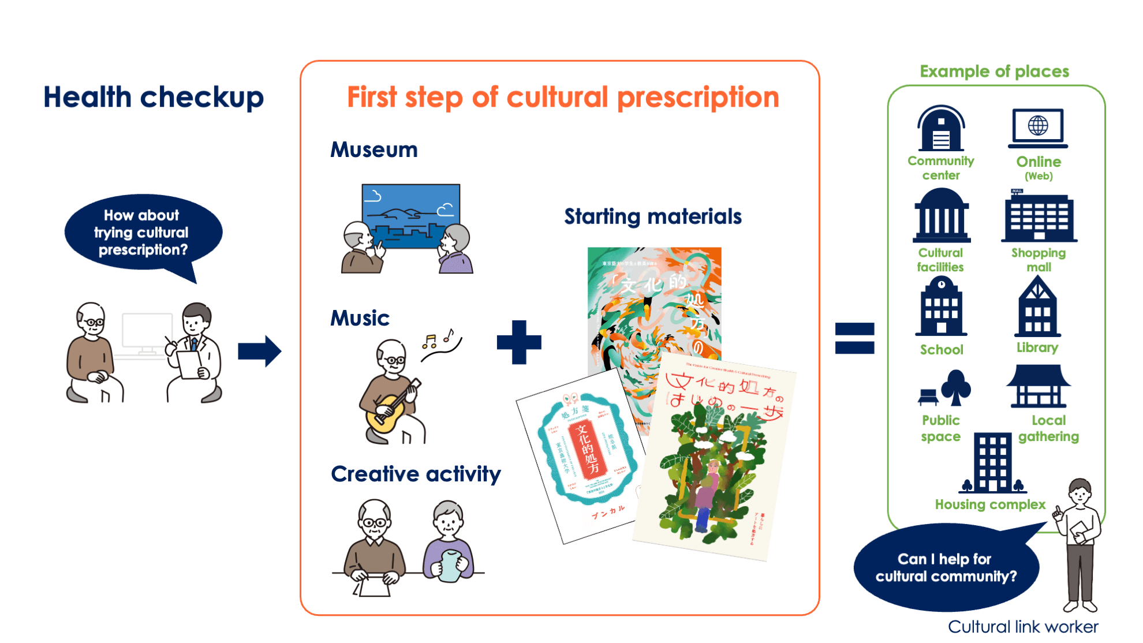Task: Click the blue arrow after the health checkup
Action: pyautogui.click(x=259, y=351)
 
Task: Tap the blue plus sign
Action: pyautogui.click(x=519, y=342)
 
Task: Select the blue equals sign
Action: pyautogui.click(x=854, y=338)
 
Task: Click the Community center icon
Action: pyautogui.click(x=941, y=128)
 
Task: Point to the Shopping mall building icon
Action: pyautogui.click(x=1039, y=219)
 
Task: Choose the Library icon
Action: pyautogui.click(x=1037, y=308)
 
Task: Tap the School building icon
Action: pyautogui.click(x=942, y=308)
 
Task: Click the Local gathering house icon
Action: pyautogui.click(x=1038, y=386)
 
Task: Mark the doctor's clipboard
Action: pyautogui.click(x=189, y=364)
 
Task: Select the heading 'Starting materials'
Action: pyautogui.click(x=653, y=216)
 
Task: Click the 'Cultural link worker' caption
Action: pyautogui.click(x=1023, y=626)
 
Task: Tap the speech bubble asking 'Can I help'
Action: pyautogui.click(x=946, y=567)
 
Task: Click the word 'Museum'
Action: pyautogui.click(x=374, y=150)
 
